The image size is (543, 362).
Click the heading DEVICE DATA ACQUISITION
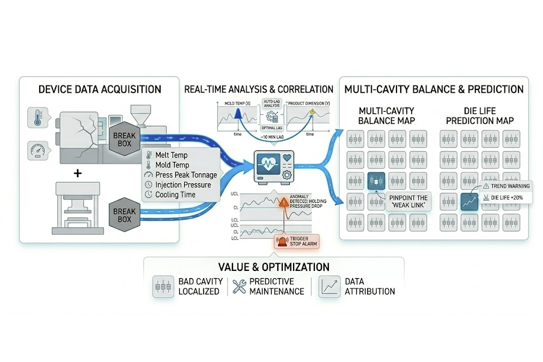99,89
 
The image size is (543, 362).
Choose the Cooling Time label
176,195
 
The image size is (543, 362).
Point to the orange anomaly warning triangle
284,202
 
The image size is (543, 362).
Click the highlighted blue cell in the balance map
376,180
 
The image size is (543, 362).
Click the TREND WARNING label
505,186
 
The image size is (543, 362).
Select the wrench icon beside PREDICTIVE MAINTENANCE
239,286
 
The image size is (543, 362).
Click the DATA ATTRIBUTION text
370,286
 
